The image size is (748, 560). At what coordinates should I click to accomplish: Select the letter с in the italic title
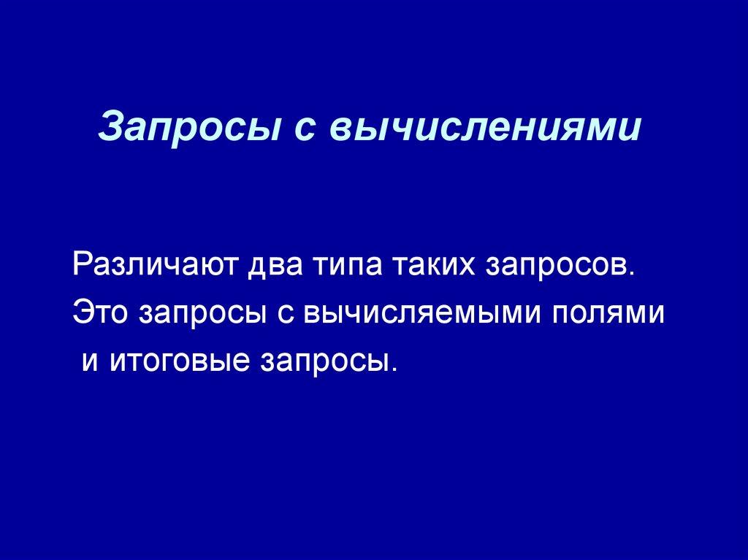(x=286, y=129)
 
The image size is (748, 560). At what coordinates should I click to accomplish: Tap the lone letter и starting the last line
(x=90, y=361)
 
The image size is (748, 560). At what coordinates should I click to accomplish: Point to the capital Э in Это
(x=81, y=312)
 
